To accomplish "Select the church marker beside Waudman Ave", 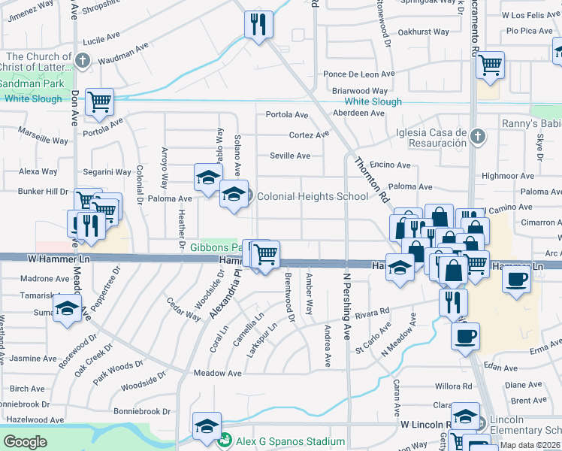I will (83, 59).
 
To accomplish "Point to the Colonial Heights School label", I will (313, 196).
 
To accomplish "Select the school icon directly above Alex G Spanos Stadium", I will (207, 425).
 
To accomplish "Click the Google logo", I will (25, 442).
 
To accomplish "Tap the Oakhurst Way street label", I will (424, 32).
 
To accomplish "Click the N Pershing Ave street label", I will (347, 302).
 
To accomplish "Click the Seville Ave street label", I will (291, 156).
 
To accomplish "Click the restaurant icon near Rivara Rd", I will (453, 301).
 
